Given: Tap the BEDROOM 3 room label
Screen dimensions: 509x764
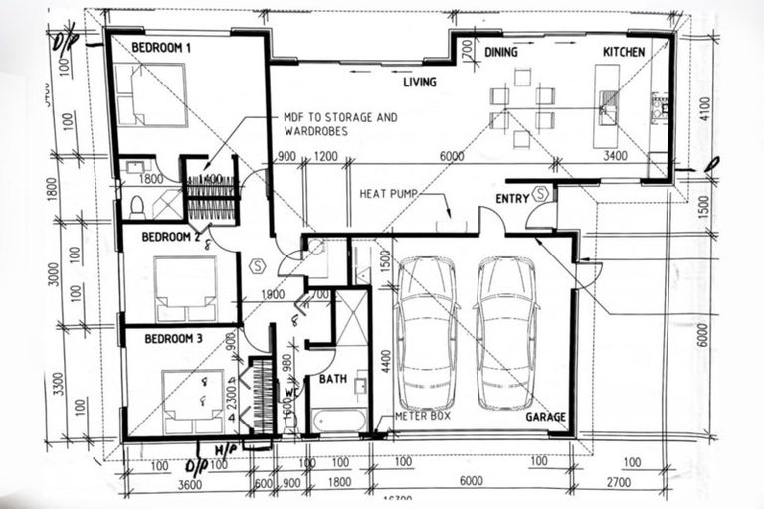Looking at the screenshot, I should coord(174,339).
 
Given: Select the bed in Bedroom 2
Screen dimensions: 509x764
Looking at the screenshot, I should coord(185,288).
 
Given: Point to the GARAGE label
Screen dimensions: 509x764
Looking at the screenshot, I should coord(546,417).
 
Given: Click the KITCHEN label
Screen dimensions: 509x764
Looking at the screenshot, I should coord(624,52).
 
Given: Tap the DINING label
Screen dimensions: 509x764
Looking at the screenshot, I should coord(503,52).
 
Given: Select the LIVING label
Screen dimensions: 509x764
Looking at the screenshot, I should coord(420,83).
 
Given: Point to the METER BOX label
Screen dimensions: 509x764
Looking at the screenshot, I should coord(423,416).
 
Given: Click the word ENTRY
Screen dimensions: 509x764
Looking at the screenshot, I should coord(512,199).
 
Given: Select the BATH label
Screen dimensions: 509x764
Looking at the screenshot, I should coord(331,379).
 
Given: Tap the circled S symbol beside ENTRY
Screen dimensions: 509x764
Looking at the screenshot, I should coord(541,194).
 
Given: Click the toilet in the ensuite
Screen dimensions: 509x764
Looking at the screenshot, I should coord(137,206).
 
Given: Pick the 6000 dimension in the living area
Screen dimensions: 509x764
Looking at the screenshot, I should coord(452,156).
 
